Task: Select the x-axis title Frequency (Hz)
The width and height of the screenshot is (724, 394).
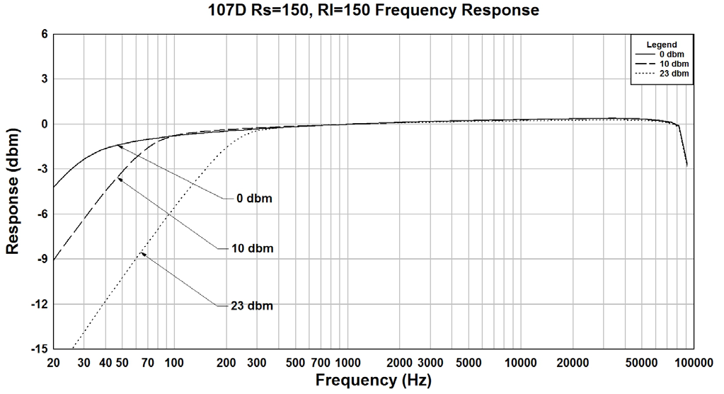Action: click(373, 381)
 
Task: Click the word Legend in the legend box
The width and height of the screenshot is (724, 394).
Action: click(662, 45)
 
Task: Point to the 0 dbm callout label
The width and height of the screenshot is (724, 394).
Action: click(252, 199)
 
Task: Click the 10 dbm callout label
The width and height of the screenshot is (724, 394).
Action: click(251, 248)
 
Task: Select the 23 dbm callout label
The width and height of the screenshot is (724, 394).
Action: click(251, 306)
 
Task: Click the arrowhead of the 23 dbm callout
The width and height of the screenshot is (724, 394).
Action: click(142, 253)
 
